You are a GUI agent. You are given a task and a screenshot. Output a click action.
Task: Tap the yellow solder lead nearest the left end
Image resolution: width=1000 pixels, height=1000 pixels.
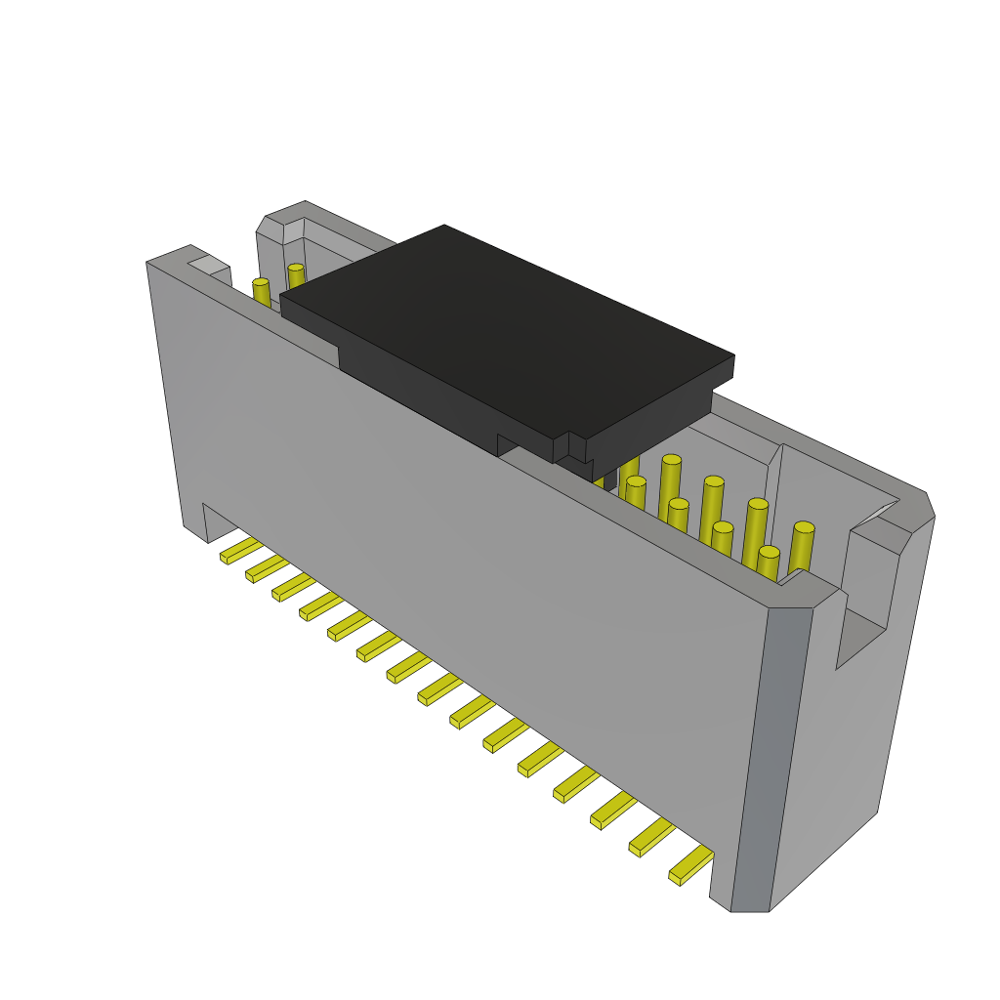click(240, 550)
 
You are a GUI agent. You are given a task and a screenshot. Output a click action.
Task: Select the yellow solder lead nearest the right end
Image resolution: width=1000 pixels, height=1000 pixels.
click(691, 864)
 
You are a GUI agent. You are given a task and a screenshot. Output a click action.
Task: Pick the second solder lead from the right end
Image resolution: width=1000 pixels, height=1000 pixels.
click(652, 837)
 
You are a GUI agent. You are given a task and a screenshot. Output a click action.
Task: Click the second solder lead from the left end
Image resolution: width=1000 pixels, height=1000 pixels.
click(267, 567)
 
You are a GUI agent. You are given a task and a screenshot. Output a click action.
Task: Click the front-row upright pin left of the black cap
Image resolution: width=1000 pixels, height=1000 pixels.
click(261, 292)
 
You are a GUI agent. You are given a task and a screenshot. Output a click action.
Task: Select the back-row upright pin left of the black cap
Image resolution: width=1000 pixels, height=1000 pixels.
click(296, 275)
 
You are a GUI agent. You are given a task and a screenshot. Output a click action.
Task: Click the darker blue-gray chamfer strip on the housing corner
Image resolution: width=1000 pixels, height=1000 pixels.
click(771, 762)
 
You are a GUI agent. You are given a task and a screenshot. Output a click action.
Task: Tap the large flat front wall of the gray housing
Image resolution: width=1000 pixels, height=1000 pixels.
click(469, 586)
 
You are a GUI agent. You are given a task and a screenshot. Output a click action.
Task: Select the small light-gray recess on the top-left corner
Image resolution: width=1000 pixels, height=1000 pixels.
click(208, 265)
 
